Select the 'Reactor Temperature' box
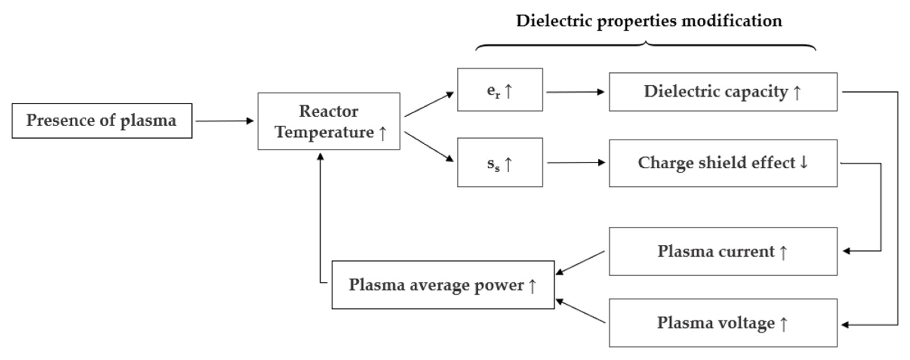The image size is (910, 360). [x=329, y=121]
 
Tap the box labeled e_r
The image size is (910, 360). [x=499, y=90]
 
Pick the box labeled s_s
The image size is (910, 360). [x=499, y=162]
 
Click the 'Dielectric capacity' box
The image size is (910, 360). [x=723, y=92]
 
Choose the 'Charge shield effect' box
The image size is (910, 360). [x=723, y=163]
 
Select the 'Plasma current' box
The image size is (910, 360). [x=723, y=251]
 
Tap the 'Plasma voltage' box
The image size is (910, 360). [x=723, y=323]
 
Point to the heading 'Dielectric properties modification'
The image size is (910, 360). [x=649, y=21]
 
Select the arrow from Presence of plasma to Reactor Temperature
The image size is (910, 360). [x=225, y=121]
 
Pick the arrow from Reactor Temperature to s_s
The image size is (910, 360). [x=429, y=146]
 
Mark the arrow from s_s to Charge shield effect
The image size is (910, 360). [x=576, y=162]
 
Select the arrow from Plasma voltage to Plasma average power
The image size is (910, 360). [x=580, y=311]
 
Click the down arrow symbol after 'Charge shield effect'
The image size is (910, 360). [x=804, y=162]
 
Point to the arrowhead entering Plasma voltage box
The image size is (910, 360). [x=845, y=325]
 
